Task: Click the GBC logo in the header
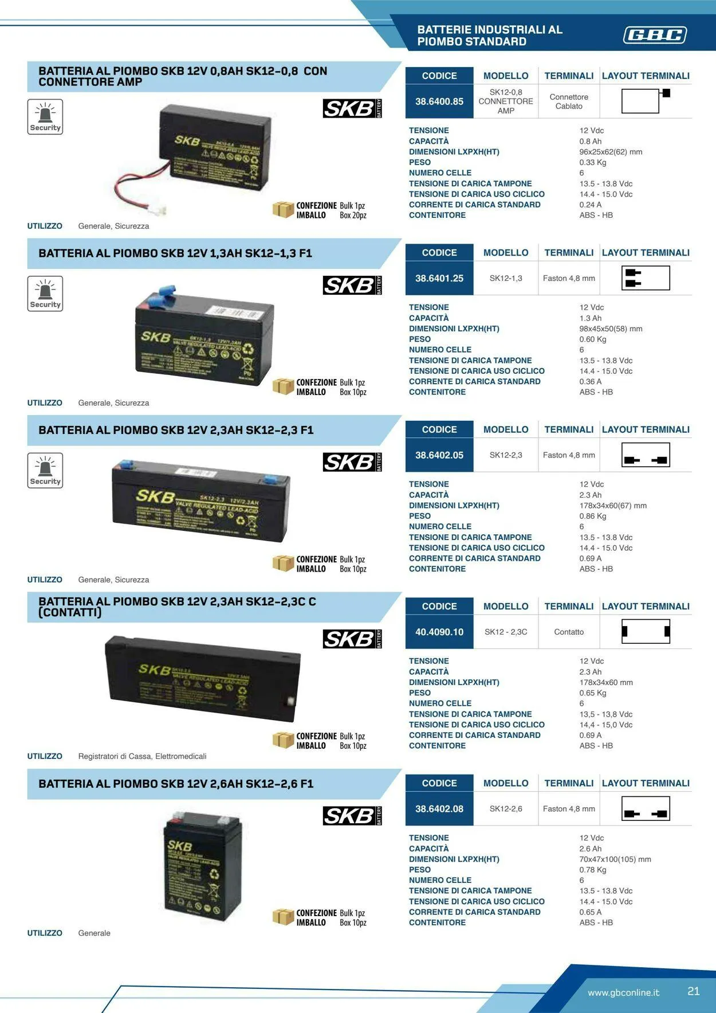[x=655, y=36]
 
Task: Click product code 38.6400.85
[x=439, y=101]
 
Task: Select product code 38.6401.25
[x=439, y=279]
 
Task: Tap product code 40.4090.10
[x=439, y=632]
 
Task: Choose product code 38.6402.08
[x=439, y=809]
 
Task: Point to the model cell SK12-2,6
[x=506, y=809]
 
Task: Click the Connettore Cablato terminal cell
[x=569, y=101]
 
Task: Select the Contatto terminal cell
[x=569, y=632]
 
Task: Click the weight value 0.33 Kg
[x=592, y=163]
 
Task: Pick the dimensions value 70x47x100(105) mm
[x=615, y=859]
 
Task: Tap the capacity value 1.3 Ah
[x=590, y=318]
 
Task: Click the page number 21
[x=694, y=991]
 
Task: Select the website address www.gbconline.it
[x=623, y=992]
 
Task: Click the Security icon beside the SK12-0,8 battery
[x=45, y=117]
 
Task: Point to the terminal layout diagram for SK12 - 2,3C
[x=646, y=632]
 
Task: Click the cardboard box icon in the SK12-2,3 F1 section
[x=283, y=564]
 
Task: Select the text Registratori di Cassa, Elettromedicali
[x=142, y=757]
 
